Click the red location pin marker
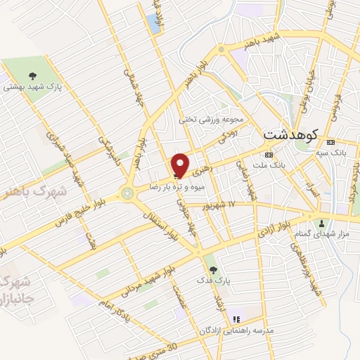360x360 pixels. click(181, 165)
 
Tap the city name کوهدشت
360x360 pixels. click(292, 133)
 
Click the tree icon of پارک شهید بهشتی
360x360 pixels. click(32, 75)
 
